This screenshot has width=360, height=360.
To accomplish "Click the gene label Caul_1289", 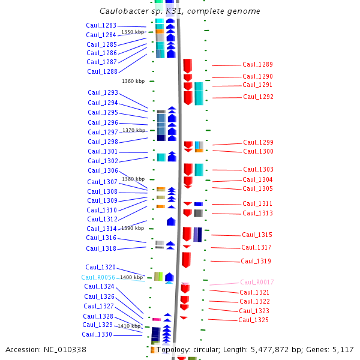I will coord(257,65).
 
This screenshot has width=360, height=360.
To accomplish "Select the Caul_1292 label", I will coord(258,97).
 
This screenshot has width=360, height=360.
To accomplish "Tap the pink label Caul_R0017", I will coord(257,282).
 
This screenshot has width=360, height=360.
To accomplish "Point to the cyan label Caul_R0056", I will coord(98,277).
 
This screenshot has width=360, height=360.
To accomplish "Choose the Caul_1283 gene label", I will coord(101,26).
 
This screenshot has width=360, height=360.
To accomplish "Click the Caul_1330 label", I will coord(97,335).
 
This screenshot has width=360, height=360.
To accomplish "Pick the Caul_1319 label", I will coord(256,262).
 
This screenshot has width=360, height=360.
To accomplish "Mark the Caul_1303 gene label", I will coord(258,170).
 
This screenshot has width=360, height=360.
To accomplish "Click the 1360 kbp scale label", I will coord(133,81).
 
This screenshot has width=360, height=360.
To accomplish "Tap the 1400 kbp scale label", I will coord(131,277).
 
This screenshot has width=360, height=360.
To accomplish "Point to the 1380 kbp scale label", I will coord(133,179).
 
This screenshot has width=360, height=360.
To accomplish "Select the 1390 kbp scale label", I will coord(133,228).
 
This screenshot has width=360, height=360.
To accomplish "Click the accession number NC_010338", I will coord(67,349).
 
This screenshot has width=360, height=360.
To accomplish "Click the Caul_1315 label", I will coord(257,235).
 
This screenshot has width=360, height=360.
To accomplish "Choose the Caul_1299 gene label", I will coord(258,143).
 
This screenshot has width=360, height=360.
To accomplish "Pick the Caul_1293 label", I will coord(103,93).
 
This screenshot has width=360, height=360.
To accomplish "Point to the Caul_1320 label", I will coord(100,268).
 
